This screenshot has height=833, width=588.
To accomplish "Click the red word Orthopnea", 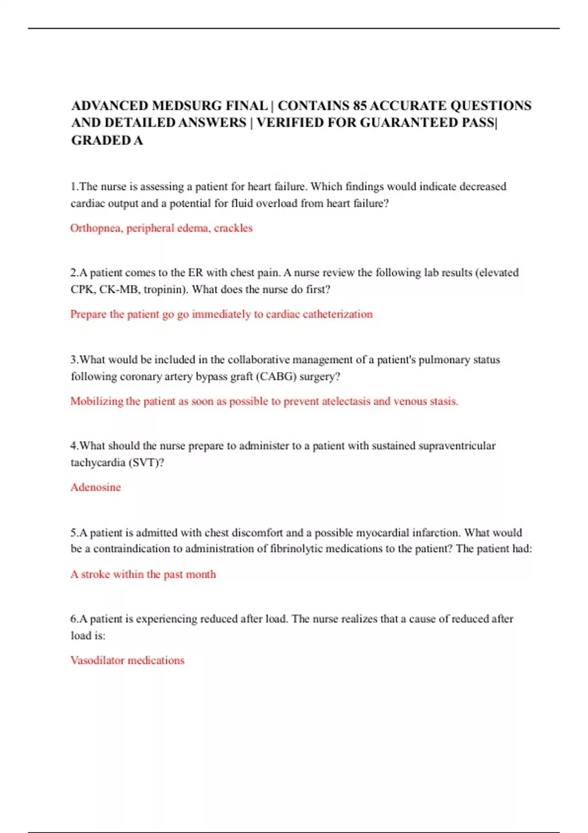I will click(96, 228).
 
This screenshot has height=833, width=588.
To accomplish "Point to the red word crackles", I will click(233, 228).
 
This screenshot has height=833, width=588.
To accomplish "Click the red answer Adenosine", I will click(96, 487).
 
